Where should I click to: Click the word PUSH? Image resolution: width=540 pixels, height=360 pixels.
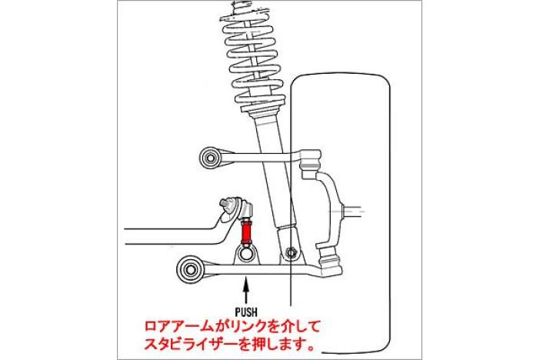(x=246, y=312)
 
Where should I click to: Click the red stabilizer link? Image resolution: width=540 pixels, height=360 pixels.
(x=247, y=233)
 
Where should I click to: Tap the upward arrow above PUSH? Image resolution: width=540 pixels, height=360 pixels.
(x=246, y=290)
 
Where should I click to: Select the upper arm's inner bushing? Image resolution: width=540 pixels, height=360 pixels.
(x=210, y=158)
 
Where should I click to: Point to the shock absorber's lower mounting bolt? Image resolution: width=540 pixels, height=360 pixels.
(x=292, y=252)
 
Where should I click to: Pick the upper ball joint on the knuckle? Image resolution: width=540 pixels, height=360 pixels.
(x=311, y=160)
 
